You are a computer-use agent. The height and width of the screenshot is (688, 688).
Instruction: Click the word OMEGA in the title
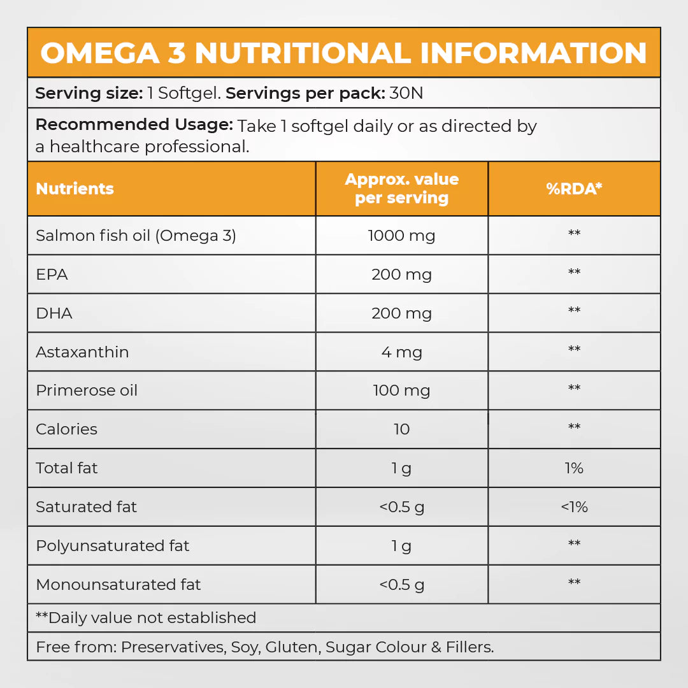[x=100, y=54]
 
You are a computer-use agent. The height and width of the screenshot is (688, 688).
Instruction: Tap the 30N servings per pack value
[x=406, y=94]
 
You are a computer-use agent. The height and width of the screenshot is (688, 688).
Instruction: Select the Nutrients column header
[x=75, y=189]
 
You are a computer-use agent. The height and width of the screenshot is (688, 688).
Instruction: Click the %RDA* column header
[x=574, y=189]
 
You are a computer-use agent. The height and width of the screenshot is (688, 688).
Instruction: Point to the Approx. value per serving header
[x=401, y=189]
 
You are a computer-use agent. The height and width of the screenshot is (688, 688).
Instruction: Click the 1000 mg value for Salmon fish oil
[x=401, y=236]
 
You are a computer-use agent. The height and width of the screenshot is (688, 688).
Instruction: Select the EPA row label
[x=52, y=275]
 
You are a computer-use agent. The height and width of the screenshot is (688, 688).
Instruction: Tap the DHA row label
[x=54, y=313]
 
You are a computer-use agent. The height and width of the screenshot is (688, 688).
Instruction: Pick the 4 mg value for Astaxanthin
[x=401, y=352]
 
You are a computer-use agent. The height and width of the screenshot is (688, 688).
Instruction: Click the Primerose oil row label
[x=87, y=391]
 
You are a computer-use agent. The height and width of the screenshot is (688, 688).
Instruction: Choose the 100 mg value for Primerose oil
[x=401, y=391]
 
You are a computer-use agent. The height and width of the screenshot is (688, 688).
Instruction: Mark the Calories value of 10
[x=401, y=429]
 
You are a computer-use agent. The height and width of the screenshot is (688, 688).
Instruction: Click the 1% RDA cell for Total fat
[x=574, y=468]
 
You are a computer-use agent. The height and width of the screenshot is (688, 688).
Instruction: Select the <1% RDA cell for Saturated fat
[x=574, y=507]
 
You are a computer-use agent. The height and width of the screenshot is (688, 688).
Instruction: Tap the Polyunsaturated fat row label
[x=113, y=546]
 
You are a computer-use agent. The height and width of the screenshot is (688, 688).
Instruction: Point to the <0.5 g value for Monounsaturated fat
[x=401, y=585]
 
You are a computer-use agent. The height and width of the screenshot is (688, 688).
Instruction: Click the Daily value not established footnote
[x=146, y=618]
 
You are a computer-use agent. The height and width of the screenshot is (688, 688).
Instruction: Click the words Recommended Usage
[x=134, y=125]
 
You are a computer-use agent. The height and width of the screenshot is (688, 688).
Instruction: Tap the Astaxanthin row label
[x=82, y=352]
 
